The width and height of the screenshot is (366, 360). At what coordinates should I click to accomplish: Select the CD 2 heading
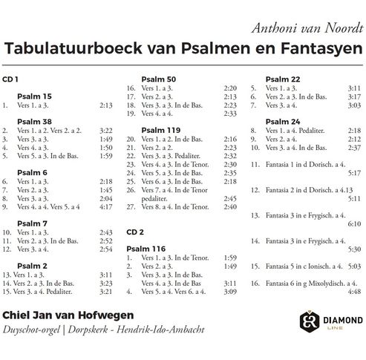click(134, 231)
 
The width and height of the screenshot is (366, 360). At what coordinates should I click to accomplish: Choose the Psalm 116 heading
click(157, 248)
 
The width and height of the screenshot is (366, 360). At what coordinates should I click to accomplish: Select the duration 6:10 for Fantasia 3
click(353, 223)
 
